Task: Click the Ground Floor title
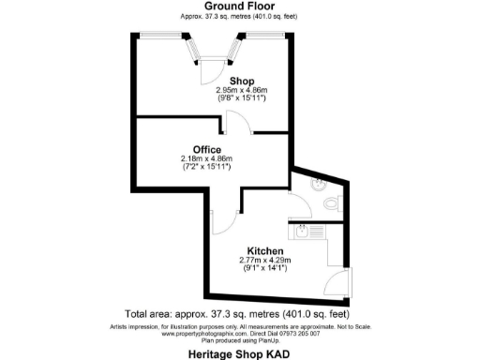(239, 6)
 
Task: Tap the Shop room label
(243, 82)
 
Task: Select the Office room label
(206, 150)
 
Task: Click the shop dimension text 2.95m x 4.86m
(242, 90)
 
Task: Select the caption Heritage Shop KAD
(239, 353)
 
